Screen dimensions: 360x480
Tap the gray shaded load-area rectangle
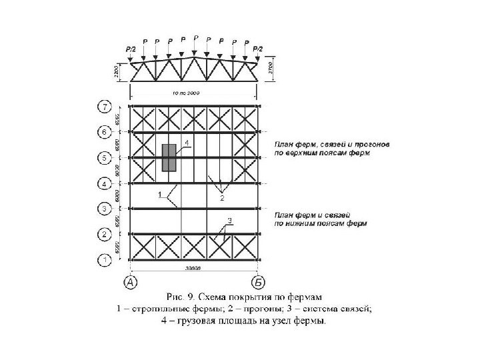(169, 157)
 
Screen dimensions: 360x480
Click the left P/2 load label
(130, 49)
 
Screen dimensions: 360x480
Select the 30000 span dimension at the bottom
(193, 268)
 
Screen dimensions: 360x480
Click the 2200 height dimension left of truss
(117, 71)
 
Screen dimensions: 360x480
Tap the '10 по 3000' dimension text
(186, 93)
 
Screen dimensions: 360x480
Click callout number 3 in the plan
(229, 220)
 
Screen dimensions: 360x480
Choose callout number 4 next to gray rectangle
(187, 143)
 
